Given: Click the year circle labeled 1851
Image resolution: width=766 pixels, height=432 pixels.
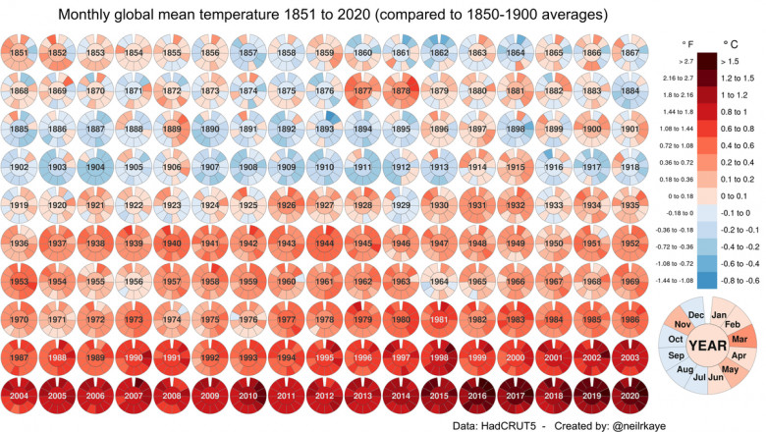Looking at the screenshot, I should [x=19, y=52].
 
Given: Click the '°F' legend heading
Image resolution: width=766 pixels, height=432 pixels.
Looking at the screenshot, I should [x=686, y=42].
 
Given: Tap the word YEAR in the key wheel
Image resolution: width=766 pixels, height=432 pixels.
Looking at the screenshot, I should [x=708, y=346].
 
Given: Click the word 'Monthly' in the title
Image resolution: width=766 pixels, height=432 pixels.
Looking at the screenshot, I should [x=92, y=16].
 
